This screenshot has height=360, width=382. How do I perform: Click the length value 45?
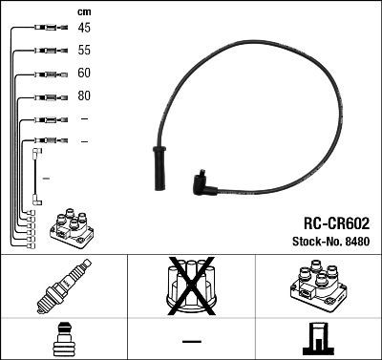[85, 28]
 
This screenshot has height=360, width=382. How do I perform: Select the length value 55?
[85, 51]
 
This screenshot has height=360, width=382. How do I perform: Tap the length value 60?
[85, 74]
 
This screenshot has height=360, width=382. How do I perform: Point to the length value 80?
[85, 96]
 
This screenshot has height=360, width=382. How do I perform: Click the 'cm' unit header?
[83, 11]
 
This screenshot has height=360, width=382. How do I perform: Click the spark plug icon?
[63, 286]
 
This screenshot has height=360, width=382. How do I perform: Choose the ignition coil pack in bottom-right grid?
[316, 286]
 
